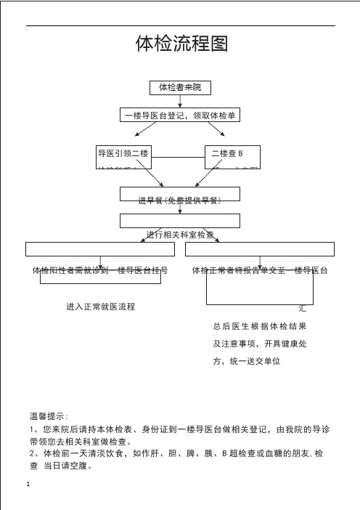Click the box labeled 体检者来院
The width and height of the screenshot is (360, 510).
[180, 88]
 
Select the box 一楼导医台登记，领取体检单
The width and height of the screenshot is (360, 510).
[180, 116]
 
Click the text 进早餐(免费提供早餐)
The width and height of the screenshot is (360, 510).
[179, 199]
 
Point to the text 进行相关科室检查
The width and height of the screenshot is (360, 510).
[180, 234]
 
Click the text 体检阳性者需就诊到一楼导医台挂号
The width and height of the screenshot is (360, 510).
[101, 270]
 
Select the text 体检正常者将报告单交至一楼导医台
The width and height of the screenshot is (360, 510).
[260, 270]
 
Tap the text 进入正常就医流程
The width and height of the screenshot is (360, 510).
[100, 307]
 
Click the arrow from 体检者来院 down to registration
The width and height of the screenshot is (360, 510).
[180, 102]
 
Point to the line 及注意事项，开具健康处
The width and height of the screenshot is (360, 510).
[259, 344]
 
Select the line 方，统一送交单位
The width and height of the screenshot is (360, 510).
[247, 361]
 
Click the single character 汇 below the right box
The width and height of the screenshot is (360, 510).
[302, 309]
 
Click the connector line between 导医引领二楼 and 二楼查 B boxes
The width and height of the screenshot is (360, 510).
[178, 157]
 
